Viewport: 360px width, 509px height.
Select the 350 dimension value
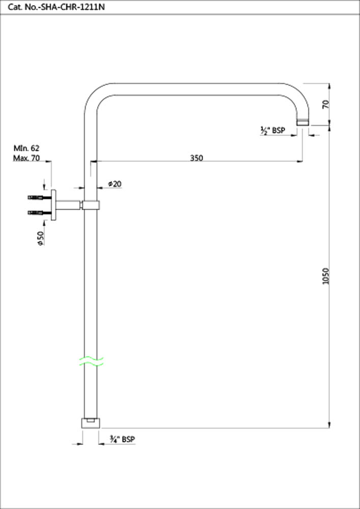coord(196,158)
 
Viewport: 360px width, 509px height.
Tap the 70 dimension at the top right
coord(326,104)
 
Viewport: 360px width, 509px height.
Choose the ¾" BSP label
coord(122,439)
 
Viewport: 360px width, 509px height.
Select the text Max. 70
coord(26,158)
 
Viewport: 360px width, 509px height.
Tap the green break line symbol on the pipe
coord(91,362)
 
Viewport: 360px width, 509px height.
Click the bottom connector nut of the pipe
coord(91,423)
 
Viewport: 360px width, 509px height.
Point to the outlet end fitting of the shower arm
coord(303,122)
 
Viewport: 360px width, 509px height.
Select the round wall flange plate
coord(53,205)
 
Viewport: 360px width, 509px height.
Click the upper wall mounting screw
coord(39,197)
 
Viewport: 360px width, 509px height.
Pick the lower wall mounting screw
coord(39,212)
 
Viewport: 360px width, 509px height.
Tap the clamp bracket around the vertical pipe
coord(91,205)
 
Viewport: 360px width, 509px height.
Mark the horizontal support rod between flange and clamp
coord(69,205)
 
